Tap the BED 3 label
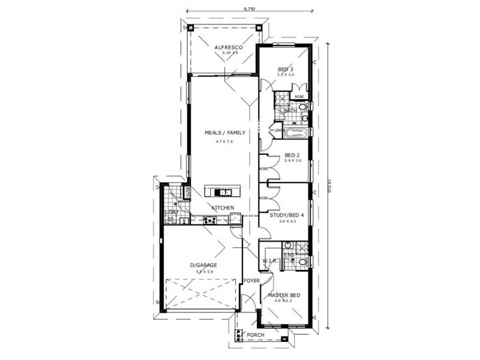(x=285, y=70)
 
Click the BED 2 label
(x=292, y=155)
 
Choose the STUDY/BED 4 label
(x=287, y=215)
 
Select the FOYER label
(x=251, y=281)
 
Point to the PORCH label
(x=256, y=335)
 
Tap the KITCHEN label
(x=221, y=208)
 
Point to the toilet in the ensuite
(x=304, y=260)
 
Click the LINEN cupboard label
(x=278, y=130)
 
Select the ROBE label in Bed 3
(x=298, y=96)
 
